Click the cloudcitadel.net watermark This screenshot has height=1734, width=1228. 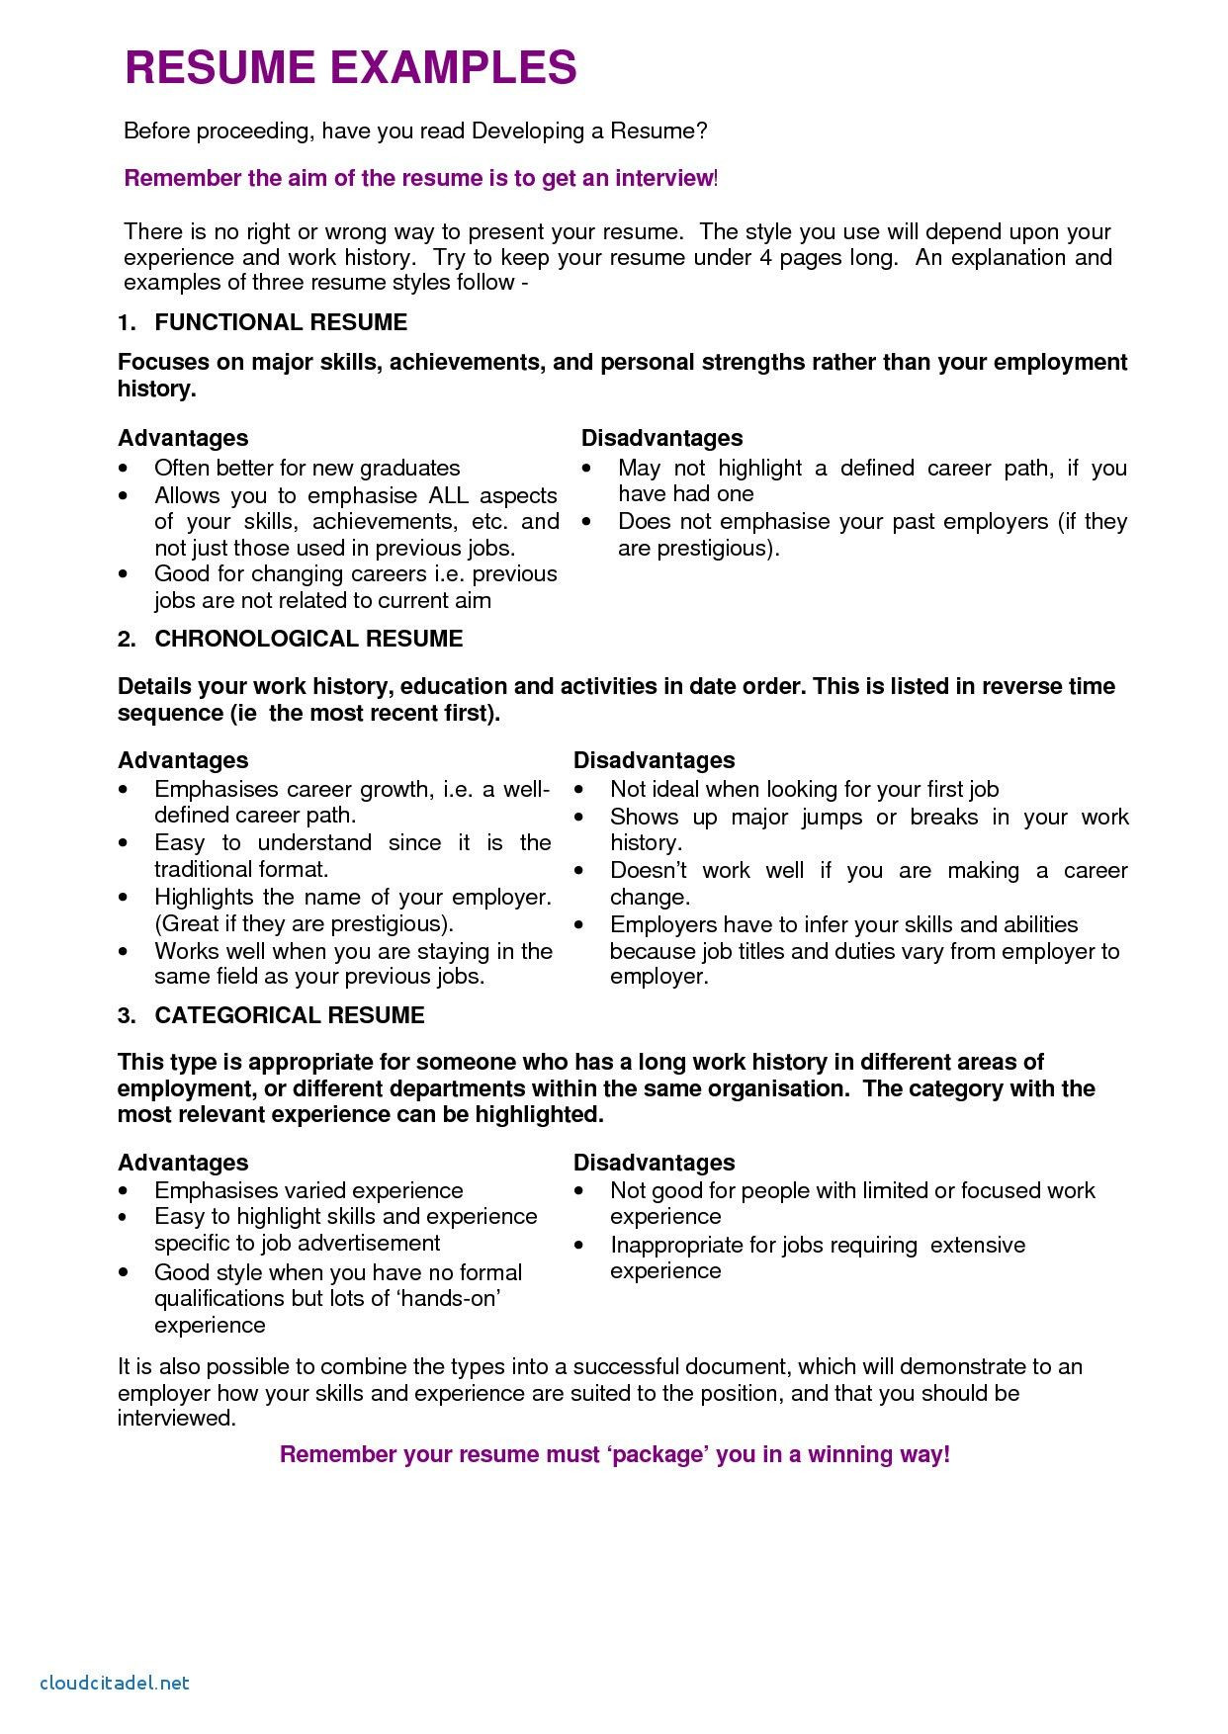click(114, 1682)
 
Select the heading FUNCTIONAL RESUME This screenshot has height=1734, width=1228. click(281, 322)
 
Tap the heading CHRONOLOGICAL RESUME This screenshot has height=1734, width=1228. click(308, 639)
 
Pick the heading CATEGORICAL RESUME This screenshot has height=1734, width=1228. click(290, 1015)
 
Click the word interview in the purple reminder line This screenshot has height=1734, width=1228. click(663, 178)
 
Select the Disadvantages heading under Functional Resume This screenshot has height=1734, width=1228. click(661, 438)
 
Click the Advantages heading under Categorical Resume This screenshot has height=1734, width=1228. click(183, 1163)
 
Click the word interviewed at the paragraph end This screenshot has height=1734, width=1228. click(176, 1419)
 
